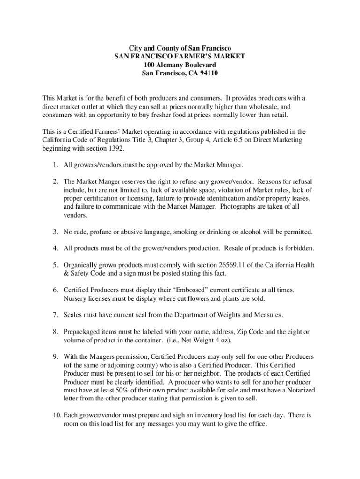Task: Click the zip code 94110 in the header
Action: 209,73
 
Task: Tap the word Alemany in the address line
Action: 171,65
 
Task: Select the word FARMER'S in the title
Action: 191,56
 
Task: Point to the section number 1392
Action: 117,148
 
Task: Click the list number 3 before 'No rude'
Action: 55,232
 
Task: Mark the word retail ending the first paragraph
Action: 279,115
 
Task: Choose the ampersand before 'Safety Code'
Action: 66,274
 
